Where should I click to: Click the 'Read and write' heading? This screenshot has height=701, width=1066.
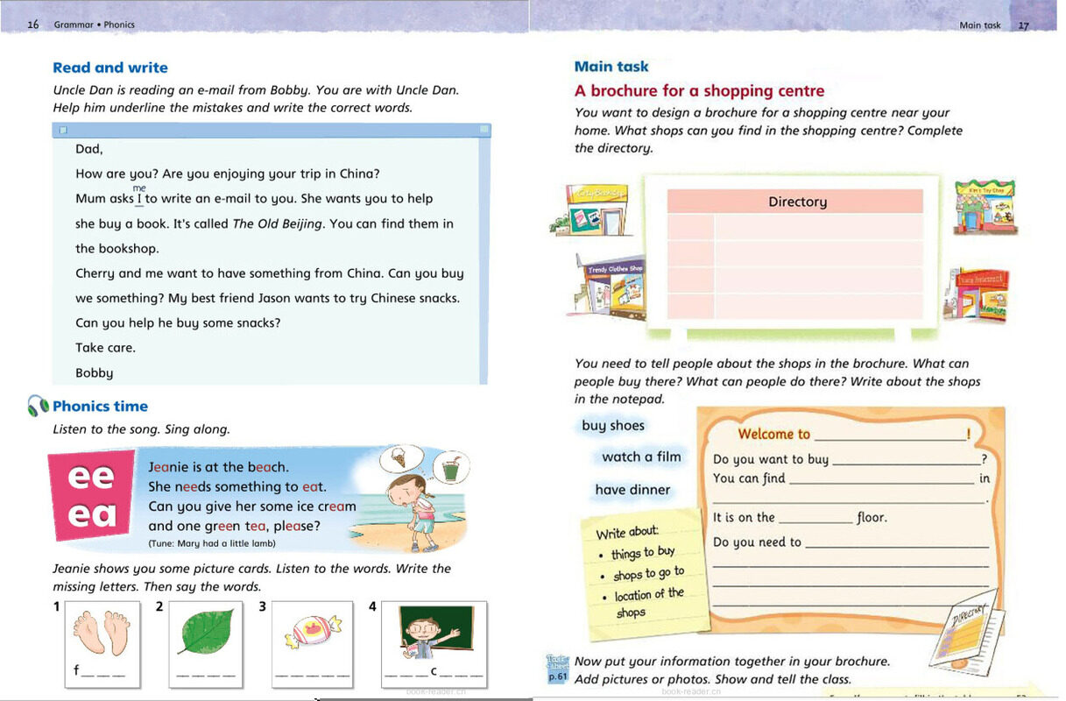coord(109,67)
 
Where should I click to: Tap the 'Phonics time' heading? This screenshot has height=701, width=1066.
coord(100,406)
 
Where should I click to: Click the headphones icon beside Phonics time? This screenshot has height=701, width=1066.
coord(38,406)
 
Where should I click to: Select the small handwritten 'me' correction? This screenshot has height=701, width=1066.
coord(139,188)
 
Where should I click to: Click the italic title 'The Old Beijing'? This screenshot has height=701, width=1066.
coord(278,223)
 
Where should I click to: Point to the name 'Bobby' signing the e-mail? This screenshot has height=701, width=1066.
coord(94,372)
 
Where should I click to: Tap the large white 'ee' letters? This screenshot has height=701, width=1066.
coord(91,478)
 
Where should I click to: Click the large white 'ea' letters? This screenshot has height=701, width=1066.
coord(91,515)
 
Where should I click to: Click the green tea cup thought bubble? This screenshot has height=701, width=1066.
coord(450,466)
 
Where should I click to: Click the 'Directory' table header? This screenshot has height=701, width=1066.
coord(797,202)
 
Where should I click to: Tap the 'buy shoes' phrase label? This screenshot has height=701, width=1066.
coord(613,426)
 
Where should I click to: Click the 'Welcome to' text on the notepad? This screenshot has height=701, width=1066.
coord(774,434)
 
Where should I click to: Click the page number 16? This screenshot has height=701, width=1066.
coord(33,25)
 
